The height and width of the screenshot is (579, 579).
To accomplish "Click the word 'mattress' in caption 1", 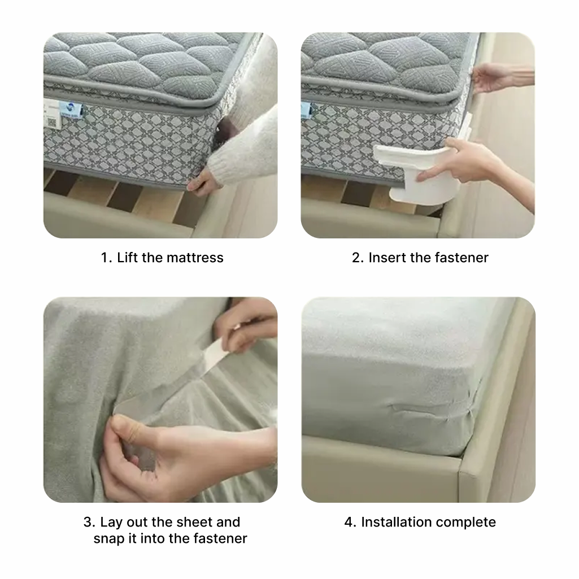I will click(x=198, y=258).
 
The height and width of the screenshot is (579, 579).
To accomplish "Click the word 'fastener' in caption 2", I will click(x=461, y=258).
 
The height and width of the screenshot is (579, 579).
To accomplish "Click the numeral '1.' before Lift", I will click(x=106, y=258).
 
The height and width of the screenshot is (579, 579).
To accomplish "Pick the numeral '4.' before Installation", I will click(x=350, y=522).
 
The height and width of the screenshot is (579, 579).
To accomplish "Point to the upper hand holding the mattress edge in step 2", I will click(x=494, y=76).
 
